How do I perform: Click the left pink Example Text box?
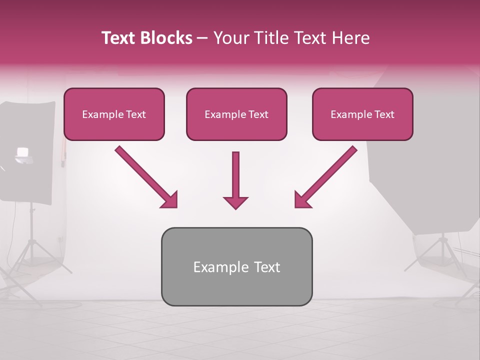click(114, 114)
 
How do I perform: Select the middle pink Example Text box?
click(236, 114)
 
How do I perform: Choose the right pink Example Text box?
click(362, 114)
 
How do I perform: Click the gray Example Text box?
click(236, 267)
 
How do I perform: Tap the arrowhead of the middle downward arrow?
click(235, 202)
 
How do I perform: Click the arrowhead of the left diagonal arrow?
click(169, 200)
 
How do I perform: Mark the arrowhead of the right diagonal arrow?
click(302, 200)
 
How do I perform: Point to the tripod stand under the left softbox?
click(33, 250)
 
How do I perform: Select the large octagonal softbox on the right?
click(425, 150)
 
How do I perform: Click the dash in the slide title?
click(202, 38)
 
